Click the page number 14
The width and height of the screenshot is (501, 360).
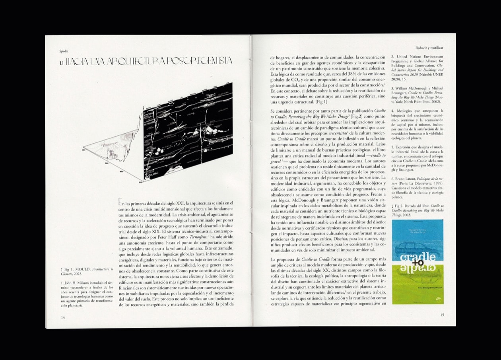point(63,317)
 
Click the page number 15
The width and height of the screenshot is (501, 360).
point(442,315)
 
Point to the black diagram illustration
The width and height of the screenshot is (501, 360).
point(187,135)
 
